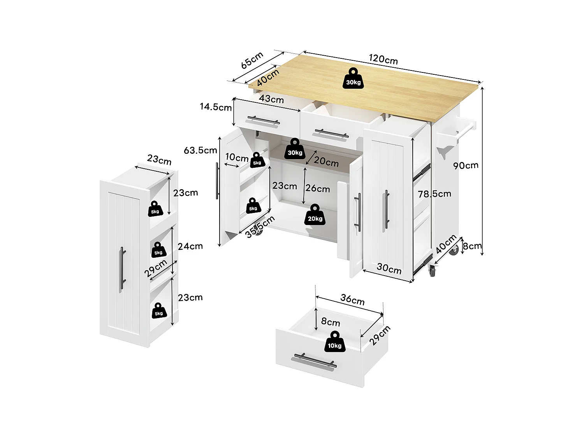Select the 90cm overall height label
coord(466,165)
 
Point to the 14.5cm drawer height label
coord(216,107)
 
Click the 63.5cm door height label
coord(200,150)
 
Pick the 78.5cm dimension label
coord(434,193)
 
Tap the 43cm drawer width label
coord(271,99)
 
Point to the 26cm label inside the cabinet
coord(317,189)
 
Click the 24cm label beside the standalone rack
coord(190,246)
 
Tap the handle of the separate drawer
coord(313,361)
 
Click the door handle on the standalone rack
coord(122,268)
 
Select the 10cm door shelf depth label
coord(236,158)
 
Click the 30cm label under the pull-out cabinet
coord(389,269)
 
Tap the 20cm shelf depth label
coord(326,162)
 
